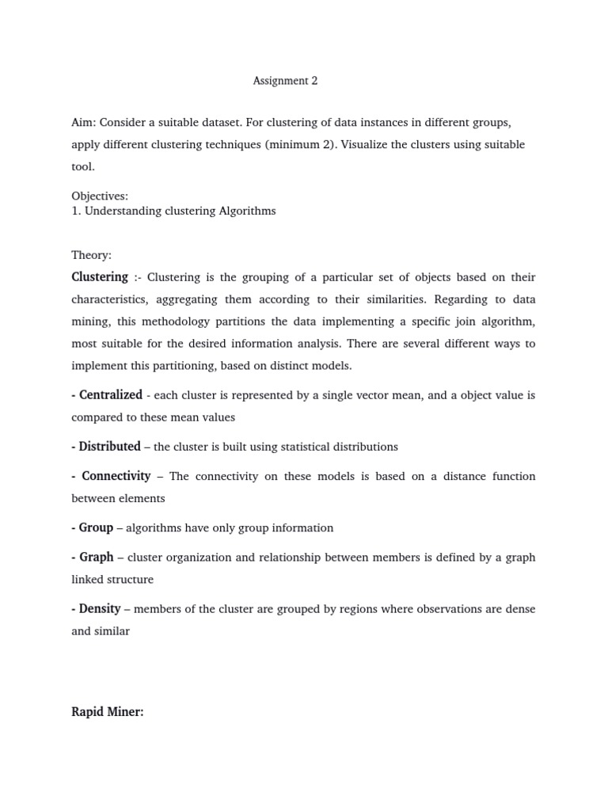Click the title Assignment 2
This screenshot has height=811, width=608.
[x=285, y=81]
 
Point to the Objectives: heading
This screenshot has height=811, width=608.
[x=100, y=196]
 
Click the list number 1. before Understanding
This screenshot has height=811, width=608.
[x=76, y=211]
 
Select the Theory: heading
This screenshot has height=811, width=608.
[x=92, y=255]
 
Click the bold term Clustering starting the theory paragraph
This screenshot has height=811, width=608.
[x=100, y=277]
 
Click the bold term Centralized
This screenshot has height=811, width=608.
[x=110, y=394]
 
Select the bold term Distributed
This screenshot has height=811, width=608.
[x=109, y=447]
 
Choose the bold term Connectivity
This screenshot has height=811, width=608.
[x=116, y=476]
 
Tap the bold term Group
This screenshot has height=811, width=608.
[x=96, y=527]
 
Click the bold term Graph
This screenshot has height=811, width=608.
[x=96, y=557]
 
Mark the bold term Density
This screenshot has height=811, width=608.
[x=100, y=609]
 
